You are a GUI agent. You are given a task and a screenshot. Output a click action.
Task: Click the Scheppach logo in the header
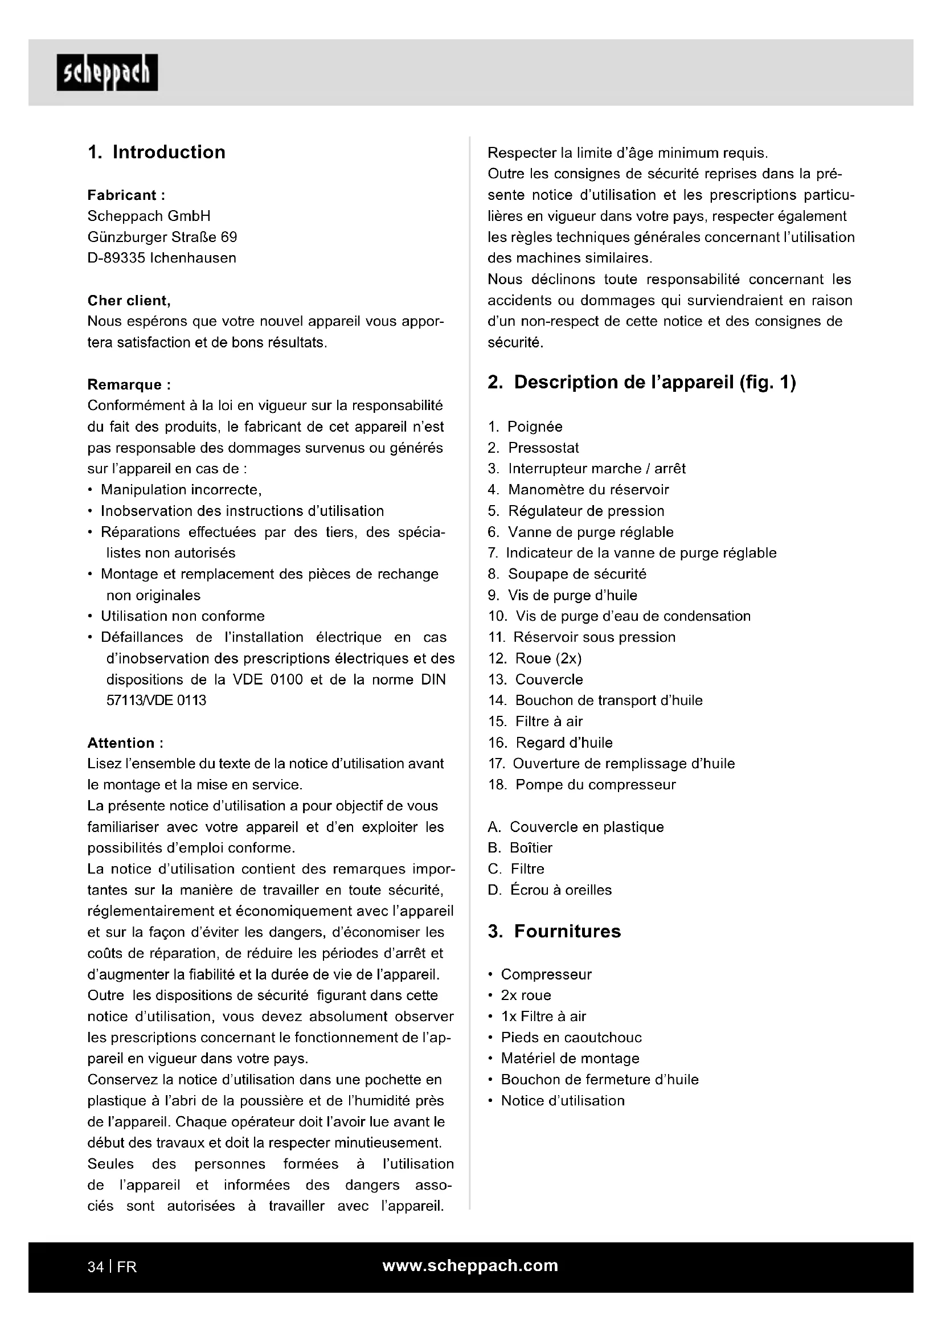point(107,72)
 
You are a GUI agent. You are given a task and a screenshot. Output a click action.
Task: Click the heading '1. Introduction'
point(157,152)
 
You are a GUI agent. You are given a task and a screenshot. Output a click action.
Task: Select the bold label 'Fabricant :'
point(126,195)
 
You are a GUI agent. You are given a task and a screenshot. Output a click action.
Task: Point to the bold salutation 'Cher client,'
point(129,301)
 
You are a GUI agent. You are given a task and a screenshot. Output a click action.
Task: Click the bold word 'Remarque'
point(124,384)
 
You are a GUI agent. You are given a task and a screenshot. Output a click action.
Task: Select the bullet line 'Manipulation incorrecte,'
point(181,490)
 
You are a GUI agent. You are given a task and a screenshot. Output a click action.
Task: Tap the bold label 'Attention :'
point(125,743)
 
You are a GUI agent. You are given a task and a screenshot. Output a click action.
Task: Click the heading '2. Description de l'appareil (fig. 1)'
point(641,382)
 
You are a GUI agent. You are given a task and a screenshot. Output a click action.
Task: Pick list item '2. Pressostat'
point(534,448)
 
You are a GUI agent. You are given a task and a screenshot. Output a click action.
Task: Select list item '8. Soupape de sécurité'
point(567,574)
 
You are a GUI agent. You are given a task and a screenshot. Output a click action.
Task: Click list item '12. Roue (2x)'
point(535,658)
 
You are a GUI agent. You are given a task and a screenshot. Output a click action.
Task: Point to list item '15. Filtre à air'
point(535,722)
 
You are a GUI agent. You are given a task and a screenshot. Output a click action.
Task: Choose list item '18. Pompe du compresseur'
point(582,785)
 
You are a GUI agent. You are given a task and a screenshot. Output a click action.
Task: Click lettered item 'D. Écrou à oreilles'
point(550,890)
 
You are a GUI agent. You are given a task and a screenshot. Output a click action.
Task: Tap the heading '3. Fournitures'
point(554,931)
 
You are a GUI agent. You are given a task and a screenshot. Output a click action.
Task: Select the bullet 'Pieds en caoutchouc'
point(571,1037)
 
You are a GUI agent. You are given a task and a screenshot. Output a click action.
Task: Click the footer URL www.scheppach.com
point(470,1265)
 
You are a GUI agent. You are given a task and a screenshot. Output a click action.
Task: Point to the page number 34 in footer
point(95,1267)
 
